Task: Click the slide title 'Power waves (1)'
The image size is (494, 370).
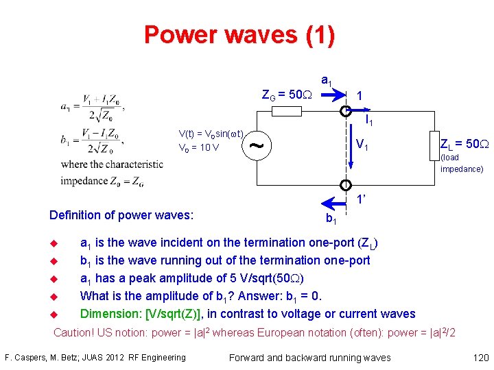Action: pyautogui.click(x=239, y=34)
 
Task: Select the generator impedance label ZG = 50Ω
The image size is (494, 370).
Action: pyautogui.click(x=287, y=94)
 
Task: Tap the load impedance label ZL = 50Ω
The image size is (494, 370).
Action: pyautogui.click(x=464, y=144)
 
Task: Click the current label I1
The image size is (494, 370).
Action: pyautogui.click(x=368, y=121)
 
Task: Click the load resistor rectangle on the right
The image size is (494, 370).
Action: pyautogui.click(x=433, y=145)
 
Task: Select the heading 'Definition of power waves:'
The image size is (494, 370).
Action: pyautogui.click(x=121, y=215)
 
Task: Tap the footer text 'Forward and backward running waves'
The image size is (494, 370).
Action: pyautogui.click(x=309, y=357)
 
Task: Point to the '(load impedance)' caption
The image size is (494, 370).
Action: pyautogui.click(x=461, y=163)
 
